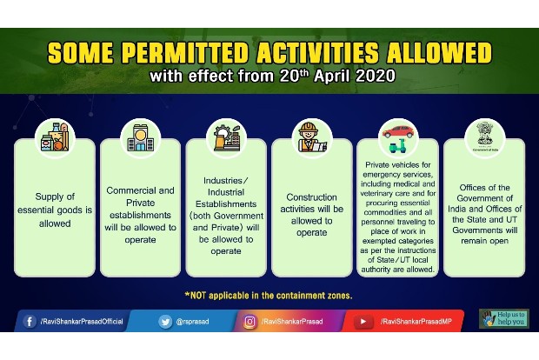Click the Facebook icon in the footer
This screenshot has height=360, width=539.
click(28, 322)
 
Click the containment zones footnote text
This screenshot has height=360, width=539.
click(269, 295)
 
